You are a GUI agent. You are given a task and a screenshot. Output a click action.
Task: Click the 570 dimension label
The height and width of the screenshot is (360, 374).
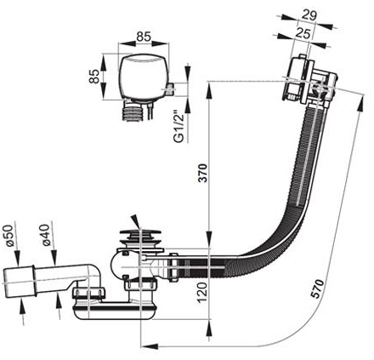(x=317, y=289)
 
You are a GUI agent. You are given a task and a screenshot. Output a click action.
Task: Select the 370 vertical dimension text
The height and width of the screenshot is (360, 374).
(x=203, y=173)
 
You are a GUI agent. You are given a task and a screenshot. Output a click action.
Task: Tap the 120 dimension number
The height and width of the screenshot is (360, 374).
(x=203, y=293)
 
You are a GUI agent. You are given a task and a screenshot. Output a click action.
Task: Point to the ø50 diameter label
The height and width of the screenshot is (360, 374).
(x=8, y=235)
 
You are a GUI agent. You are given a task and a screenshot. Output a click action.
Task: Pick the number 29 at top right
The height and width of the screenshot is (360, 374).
(x=309, y=15)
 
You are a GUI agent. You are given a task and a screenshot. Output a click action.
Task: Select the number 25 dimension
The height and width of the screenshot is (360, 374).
(x=303, y=34)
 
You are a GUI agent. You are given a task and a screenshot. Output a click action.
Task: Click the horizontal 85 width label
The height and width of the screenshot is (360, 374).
(x=144, y=37)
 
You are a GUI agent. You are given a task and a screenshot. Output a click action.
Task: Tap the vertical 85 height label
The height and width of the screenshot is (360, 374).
(x=94, y=77)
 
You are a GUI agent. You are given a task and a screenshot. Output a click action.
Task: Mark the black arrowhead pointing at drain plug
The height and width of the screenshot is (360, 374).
(x=136, y=221)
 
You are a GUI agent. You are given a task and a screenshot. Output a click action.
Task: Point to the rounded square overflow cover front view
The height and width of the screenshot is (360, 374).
(x=144, y=77)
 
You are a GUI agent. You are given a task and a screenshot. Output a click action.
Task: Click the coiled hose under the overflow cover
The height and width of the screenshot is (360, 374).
(x=133, y=112)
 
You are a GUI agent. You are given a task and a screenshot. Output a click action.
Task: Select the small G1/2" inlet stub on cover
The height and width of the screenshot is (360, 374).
(x=170, y=89)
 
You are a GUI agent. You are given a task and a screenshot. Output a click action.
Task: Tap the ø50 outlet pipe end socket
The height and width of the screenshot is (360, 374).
(x=19, y=282)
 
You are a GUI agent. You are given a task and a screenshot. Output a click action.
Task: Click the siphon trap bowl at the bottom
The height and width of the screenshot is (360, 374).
(x=114, y=311)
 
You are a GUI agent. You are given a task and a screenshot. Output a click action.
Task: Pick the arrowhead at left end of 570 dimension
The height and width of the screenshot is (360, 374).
(x=150, y=346)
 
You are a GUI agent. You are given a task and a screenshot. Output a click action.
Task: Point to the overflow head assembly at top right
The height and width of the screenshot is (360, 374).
(x=309, y=82)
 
